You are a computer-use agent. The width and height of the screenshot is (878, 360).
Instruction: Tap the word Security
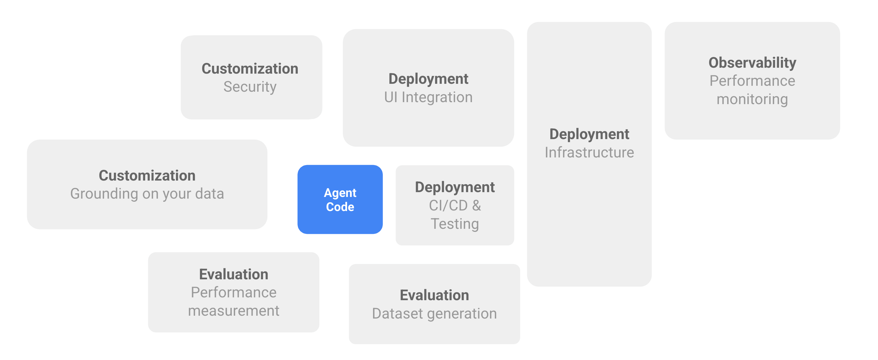[x=250, y=87]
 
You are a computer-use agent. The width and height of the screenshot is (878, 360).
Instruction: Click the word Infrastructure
[x=589, y=152]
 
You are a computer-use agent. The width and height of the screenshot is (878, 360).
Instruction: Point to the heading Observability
[x=752, y=63]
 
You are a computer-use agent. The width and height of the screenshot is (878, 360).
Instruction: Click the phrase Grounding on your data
[x=147, y=194]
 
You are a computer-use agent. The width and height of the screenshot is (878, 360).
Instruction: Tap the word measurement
[x=233, y=311]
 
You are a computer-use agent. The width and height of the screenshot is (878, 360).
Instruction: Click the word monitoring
[x=752, y=100]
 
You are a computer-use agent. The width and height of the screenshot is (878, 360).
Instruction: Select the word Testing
[x=455, y=224]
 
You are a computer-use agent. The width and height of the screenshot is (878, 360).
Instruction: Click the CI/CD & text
[x=455, y=206]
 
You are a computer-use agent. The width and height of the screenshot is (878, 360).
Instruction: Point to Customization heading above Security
[x=250, y=69]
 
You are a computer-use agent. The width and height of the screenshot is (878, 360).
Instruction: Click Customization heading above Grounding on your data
[x=147, y=175]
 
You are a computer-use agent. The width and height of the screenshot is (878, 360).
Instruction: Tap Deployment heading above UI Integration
[x=428, y=79]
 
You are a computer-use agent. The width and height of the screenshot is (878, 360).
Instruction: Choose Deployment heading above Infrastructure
[x=589, y=134]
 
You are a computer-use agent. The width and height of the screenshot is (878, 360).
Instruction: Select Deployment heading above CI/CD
[x=455, y=187]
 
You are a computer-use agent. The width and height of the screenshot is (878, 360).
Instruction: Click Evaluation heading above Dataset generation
[x=434, y=295]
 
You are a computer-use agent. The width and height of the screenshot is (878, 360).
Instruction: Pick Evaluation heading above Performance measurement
[x=233, y=275]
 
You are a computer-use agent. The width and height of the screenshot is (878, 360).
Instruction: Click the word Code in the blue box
[x=340, y=207]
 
